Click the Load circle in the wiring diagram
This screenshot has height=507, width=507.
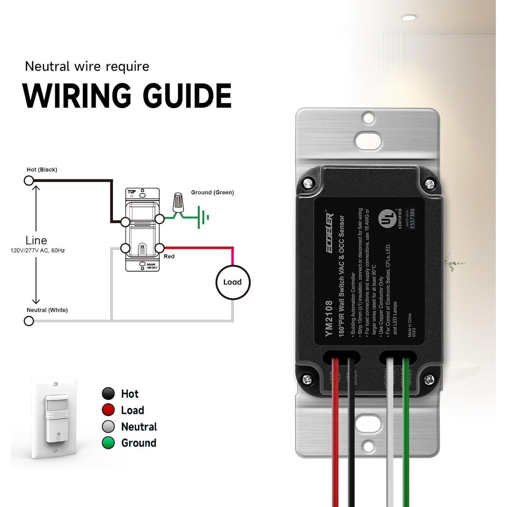click(233, 282)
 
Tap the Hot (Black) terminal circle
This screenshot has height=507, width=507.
click(29, 181)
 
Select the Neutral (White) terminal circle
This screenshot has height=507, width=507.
click(29, 321)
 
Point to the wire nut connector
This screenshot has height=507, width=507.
click(178, 202)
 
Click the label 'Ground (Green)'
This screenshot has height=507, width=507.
click(212, 192)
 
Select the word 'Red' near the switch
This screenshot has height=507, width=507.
click(169, 257)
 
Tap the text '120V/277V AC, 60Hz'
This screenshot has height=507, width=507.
click(38, 250)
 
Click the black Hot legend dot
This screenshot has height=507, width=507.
click(108, 394)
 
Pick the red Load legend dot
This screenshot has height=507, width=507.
click(108, 410)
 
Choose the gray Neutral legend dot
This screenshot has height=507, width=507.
click(108, 427)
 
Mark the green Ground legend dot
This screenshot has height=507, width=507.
click(108, 443)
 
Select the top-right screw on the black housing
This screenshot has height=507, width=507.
click(429, 184)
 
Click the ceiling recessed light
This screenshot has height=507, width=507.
click(409, 18)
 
